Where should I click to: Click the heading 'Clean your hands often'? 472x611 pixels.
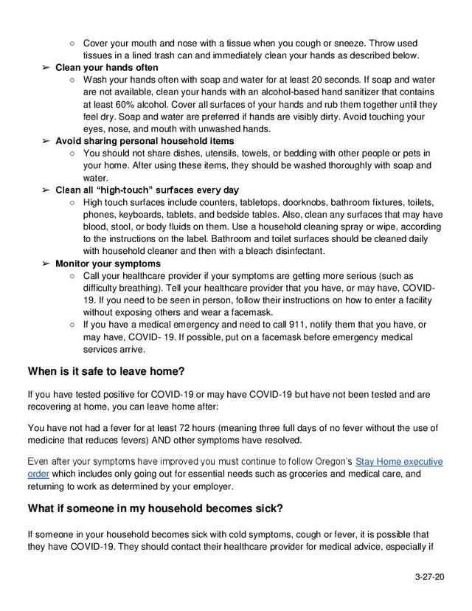(107, 68)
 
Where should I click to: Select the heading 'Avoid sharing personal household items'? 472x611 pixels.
(145, 141)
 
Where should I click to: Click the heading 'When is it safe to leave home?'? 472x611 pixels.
(105, 370)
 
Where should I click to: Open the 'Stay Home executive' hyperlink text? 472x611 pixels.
(399, 462)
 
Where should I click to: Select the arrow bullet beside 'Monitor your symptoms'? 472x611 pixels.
(46, 263)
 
